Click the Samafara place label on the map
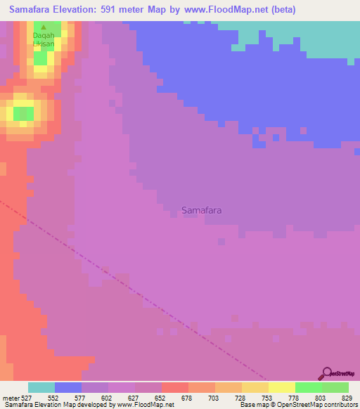[x=206, y=209]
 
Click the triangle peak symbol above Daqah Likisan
[x=44, y=27]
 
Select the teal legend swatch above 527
[x=41, y=387]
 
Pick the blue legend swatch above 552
[x=68, y=387]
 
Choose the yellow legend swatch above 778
[x=281, y=387]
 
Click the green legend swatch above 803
[x=308, y=387]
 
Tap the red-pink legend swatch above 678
[x=174, y=387]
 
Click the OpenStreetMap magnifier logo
[x=326, y=373]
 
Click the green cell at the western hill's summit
[x=23, y=112]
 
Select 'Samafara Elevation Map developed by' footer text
[x=58, y=405]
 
